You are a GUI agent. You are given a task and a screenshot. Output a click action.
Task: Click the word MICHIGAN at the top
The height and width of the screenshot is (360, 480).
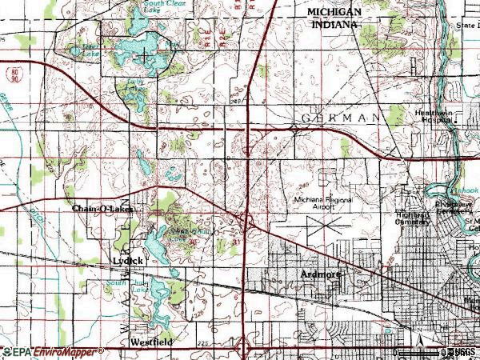[333, 12]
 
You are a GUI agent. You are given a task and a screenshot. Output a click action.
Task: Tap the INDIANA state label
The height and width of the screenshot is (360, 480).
[333, 25]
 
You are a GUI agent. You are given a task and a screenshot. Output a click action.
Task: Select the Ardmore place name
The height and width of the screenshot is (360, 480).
[321, 274]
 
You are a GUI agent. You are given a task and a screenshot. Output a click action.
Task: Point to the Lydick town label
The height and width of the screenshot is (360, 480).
[127, 262]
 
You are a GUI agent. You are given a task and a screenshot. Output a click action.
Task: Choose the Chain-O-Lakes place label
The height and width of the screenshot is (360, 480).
[101, 209]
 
